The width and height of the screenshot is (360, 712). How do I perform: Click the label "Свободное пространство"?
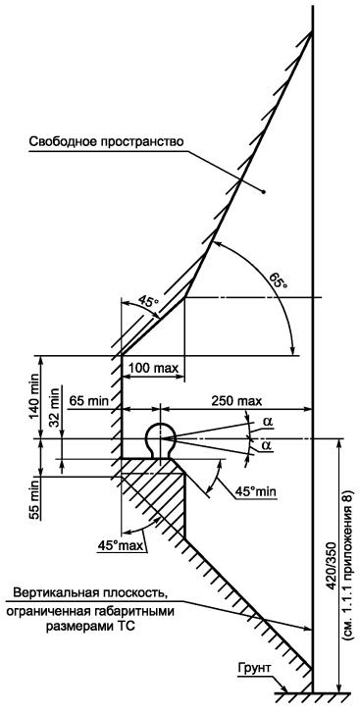pyautogui.click(x=106, y=141)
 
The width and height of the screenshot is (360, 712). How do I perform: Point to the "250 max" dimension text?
pyautogui.click(x=237, y=401)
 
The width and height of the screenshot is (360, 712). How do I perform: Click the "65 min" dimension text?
pyautogui.click(x=89, y=400)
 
